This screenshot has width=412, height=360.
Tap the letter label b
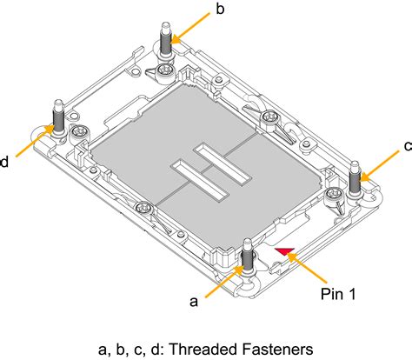[x=220, y=10]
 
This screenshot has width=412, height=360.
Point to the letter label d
[x=4, y=162]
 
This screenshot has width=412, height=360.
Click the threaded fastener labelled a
[x=248, y=256]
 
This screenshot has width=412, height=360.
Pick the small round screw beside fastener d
[x=78, y=131]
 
